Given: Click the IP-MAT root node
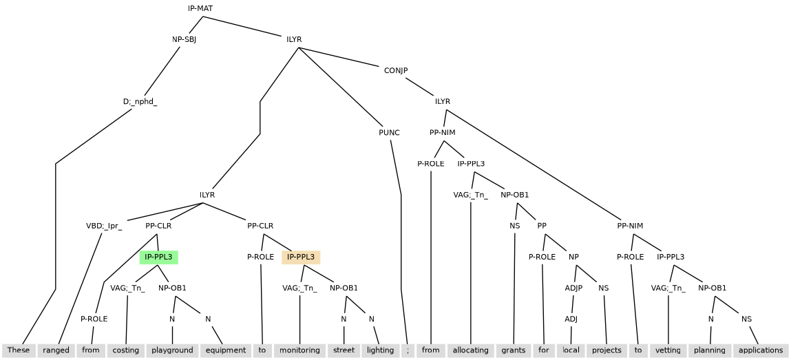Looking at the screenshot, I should point(200,8).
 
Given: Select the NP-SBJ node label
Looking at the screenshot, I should point(184,39).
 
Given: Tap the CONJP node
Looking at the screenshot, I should point(396,70).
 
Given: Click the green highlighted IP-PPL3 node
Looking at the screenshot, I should point(158,257).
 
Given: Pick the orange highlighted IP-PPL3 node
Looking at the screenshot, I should point(301,257).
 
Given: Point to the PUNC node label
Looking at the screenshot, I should point(389,133).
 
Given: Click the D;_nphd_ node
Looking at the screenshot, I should point(140,102).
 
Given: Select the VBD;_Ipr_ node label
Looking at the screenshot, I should point(104,226).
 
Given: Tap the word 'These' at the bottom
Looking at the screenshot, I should point(19,350).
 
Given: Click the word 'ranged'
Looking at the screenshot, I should point(56,350).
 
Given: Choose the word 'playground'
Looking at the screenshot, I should point(172,350).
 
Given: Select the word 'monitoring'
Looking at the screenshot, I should point(299,350).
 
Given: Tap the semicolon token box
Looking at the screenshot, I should point(408,350).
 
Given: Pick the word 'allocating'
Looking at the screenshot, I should point(470,350).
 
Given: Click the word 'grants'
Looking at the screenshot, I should point(514,350).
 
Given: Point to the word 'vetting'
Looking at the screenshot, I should point(668,350).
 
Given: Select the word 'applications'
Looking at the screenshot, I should point(760,350).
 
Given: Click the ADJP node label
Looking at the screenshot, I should point(573,288).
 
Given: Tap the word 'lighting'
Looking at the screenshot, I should point(380,350).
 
